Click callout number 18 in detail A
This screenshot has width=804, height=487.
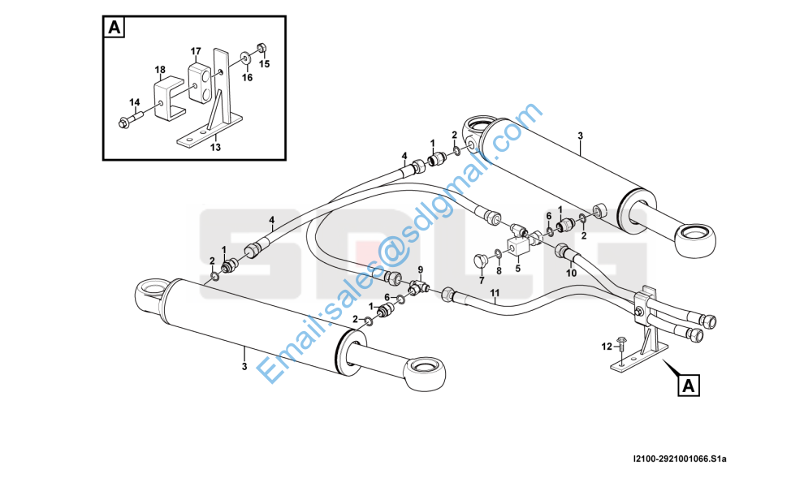(160, 70)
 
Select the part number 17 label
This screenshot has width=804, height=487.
(196, 51)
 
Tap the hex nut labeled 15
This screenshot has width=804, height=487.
(261, 48)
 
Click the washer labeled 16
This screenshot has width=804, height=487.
(244, 56)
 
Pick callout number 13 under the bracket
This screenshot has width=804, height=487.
(215, 147)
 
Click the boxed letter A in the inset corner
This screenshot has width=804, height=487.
(114, 27)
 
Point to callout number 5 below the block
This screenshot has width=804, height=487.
(518, 268)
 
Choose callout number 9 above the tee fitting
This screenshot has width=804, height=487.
(421, 269)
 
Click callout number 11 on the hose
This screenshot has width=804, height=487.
(495, 293)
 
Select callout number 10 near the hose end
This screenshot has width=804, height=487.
(571, 274)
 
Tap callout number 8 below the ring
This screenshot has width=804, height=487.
(499, 270)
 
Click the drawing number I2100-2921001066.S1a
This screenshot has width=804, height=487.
(680, 459)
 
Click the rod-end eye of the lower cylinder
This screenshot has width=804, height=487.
(425, 373)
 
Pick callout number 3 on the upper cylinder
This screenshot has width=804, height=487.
(580, 136)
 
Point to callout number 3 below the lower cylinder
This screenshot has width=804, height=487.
(244, 367)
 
